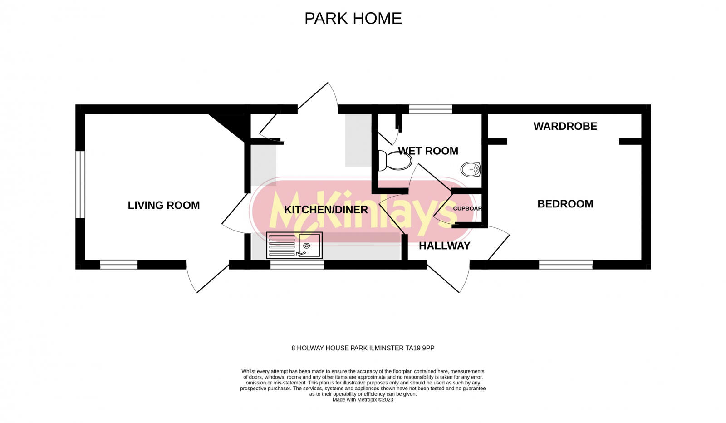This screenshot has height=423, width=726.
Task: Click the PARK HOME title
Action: point(353,19)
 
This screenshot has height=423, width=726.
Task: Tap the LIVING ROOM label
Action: point(164,205)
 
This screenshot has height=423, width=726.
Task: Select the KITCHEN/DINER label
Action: point(326,210)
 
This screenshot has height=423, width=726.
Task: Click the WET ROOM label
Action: point(428,151)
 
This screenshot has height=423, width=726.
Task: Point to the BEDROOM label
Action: point(565,204)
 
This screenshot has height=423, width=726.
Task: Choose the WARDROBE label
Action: point(565,126)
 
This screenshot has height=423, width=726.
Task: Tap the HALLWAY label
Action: point(444,246)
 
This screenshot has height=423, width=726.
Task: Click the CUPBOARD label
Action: point(467,209)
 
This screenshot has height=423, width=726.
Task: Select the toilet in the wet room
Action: point(394,161)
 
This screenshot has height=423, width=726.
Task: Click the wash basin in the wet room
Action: point(470,170)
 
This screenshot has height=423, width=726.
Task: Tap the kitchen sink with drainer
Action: point(294,245)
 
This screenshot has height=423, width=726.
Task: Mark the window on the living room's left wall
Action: point(80,184)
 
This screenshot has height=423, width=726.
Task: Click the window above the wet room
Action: point(430,109)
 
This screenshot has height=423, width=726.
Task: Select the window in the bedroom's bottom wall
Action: point(565,265)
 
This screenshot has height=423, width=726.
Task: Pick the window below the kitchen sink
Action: point(297,265)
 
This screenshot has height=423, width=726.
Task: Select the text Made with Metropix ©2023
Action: point(363,400)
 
